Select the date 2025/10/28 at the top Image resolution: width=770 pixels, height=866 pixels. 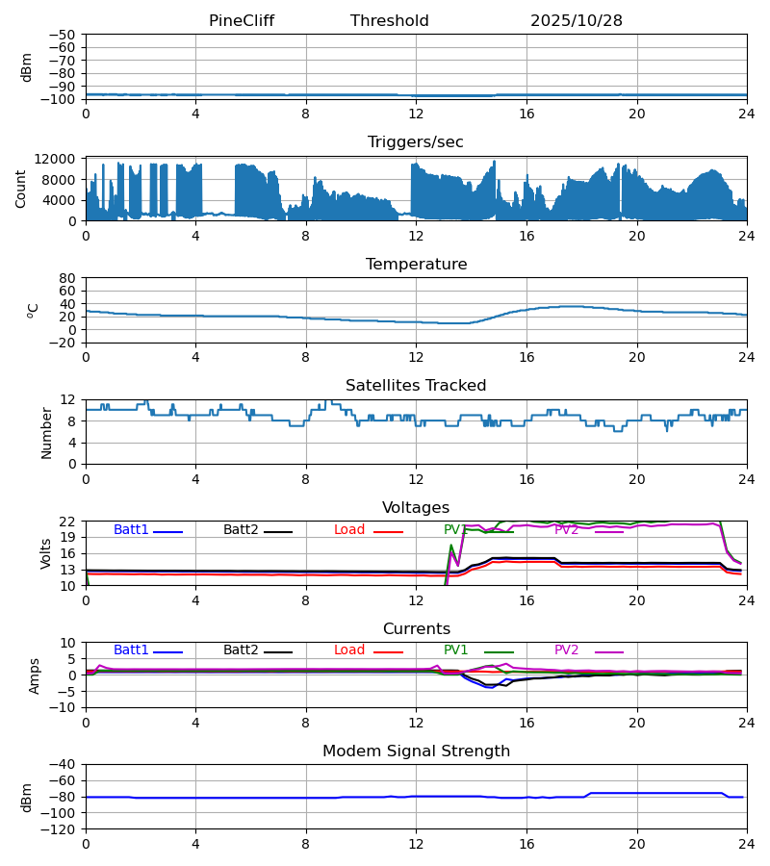(x=577, y=21)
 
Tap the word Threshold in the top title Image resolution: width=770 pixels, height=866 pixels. (x=390, y=21)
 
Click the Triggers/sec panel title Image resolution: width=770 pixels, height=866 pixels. (x=416, y=142)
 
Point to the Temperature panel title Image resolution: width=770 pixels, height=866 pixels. (x=416, y=265)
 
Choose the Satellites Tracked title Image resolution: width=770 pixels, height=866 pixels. (x=416, y=386)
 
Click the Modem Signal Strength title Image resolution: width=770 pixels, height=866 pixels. (x=416, y=751)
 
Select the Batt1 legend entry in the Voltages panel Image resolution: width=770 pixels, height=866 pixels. (x=132, y=530)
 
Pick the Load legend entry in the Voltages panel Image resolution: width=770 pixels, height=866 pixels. (x=349, y=530)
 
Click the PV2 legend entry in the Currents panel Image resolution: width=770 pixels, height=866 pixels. (x=567, y=650)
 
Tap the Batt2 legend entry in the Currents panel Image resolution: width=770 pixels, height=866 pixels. (x=241, y=650)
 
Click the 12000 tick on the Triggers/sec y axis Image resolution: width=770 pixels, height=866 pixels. (x=62, y=159)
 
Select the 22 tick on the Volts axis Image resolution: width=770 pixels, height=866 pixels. (x=68, y=522)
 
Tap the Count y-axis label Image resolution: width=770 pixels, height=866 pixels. (x=22, y=189)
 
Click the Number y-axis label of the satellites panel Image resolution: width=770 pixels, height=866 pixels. (x=47, y=432)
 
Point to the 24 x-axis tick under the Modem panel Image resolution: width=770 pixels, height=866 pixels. (x=747, y=844)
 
